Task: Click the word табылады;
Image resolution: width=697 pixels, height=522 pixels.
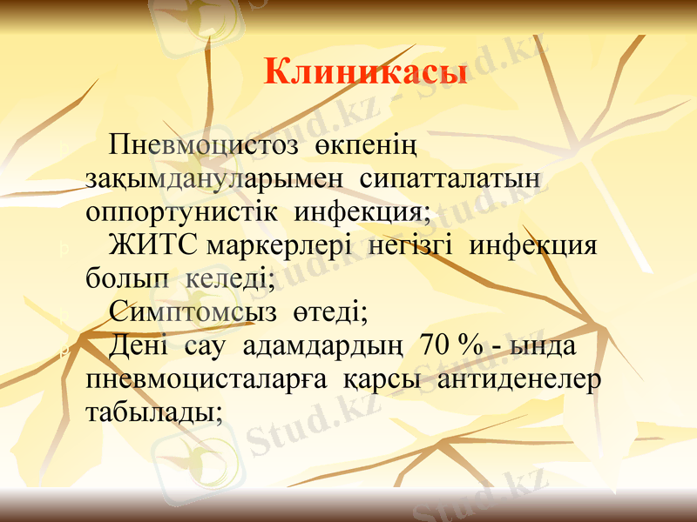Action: (154, 413)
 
